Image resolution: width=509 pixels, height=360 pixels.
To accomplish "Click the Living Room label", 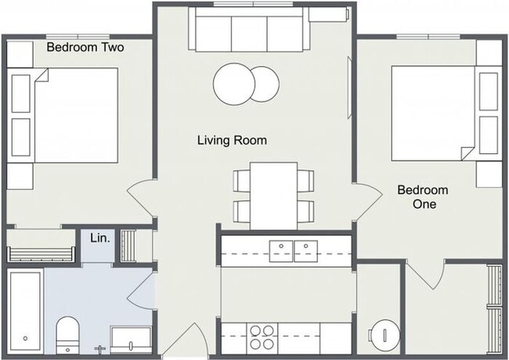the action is pyautogui.click(x=232, y=140).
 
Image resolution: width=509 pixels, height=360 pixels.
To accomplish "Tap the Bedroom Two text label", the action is pyautogui.click(x=85, y=48).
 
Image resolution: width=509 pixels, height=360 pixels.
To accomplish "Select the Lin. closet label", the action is pyautogui.click(x=100, y=239).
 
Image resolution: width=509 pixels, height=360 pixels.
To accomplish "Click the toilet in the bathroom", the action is pyautogui.click(x=67, y=336).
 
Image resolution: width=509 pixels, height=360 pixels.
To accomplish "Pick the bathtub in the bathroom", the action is pyautogui.click(x=25, y=311).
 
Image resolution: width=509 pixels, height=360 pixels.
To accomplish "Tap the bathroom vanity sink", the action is pyautogui.click(x=131, y=340).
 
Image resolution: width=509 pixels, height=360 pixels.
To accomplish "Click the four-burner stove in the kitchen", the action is pyautogui.click(x=262, y=337).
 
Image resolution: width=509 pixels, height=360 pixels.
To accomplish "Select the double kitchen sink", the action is pyautogui.click(x=294, y=251).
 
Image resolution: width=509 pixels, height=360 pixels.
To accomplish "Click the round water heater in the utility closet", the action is pyautogui.click(x=384, y=336).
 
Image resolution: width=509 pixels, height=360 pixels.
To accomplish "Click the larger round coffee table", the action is pyautogui.click(x=234, y=84).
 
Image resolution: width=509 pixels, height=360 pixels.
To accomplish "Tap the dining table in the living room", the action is pyautogui.click(x=273, y=196).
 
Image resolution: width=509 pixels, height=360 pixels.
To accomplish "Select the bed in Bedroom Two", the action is pyautogui.click(x=76, y=115).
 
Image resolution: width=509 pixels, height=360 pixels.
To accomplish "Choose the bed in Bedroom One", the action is pyautogui.click(x=433, y=113).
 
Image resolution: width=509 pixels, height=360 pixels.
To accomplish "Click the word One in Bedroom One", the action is pyautogui.click(x=424, y=204).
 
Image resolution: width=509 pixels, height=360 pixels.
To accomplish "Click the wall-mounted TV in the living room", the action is pyautogui.click(x=349, y=88).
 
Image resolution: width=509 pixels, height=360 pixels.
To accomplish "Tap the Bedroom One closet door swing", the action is pyautogui.click(x=425, y=275).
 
